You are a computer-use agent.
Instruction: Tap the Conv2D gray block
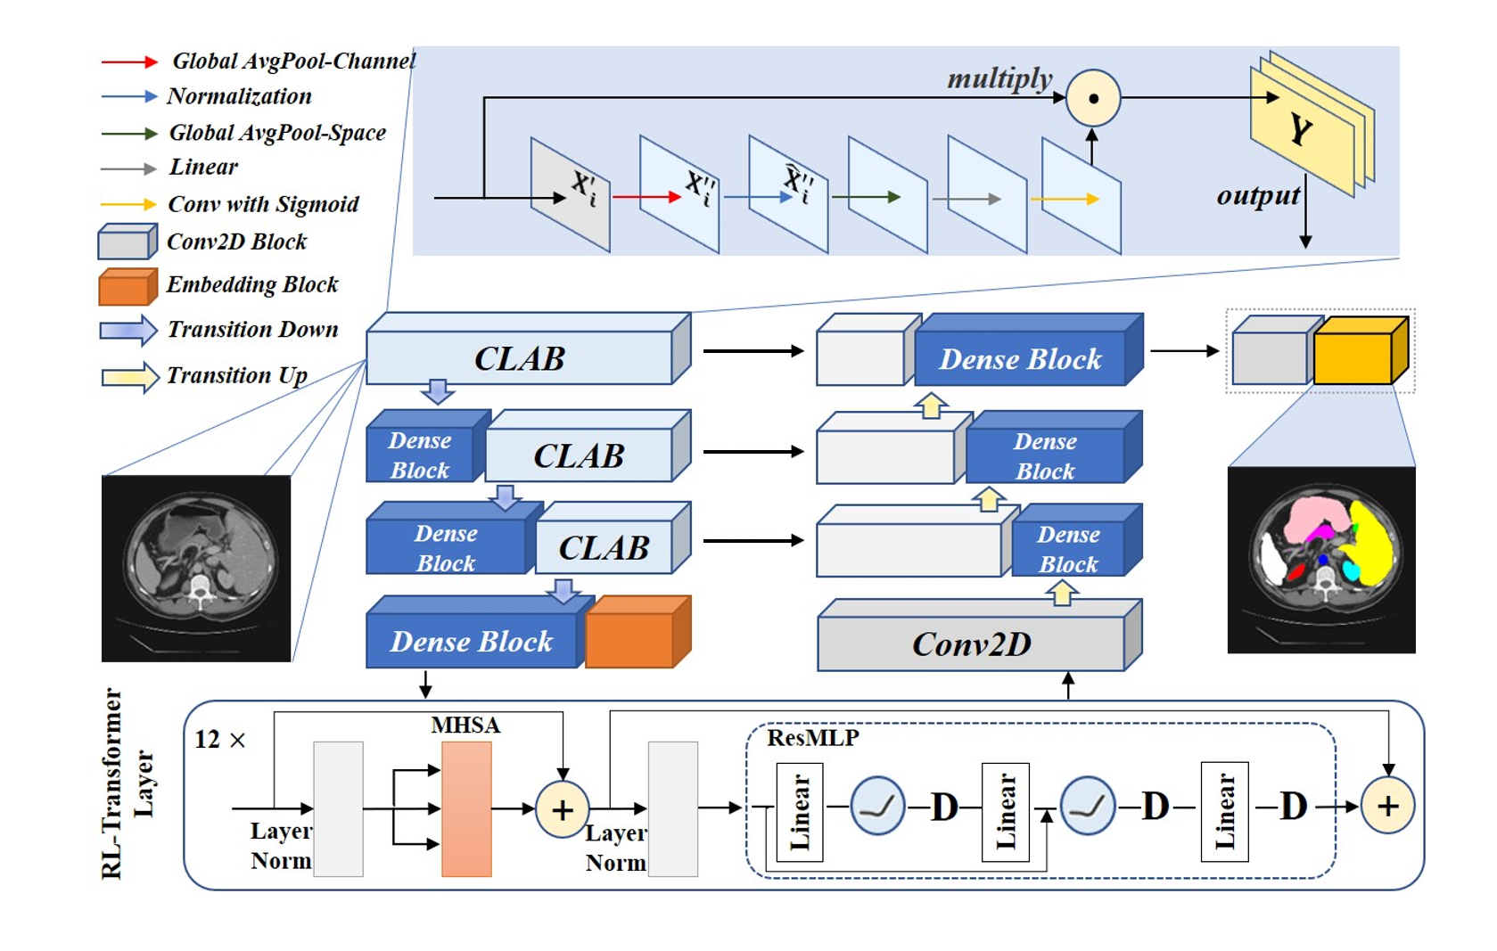pos(972,644)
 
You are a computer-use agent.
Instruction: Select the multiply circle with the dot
pos(1093,98)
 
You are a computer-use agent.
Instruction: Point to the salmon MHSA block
pos(466,808)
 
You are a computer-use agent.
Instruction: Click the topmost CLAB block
pos(520,357)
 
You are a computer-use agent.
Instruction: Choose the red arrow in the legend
pos(128,61)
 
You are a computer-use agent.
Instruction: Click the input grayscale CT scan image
pos(196,569)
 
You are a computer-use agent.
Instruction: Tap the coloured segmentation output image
pos(1321,560)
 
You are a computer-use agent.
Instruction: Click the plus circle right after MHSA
pos(562,809)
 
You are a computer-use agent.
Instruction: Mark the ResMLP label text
pos(813,738)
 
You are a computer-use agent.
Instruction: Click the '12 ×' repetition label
pos(219,740)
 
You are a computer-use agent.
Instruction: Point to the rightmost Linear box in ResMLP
pos(1224,811)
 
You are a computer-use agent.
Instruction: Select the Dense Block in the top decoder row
pos(1022,358)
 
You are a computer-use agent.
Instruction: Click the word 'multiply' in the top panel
pos(999,78)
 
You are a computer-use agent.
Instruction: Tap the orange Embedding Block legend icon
pos(127,287)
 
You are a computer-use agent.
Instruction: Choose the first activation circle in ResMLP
pos(877,806)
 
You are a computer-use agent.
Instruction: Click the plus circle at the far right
pos(1387,806)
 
